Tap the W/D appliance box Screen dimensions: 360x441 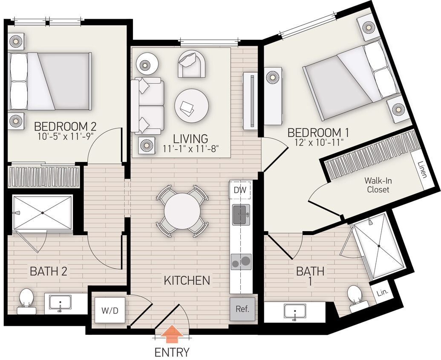pos(110,311)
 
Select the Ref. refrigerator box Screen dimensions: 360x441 pos(242,309)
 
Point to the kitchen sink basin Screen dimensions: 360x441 pos(241,214)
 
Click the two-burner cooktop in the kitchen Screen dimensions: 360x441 pos(241,261)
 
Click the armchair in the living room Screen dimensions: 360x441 pos(191,63)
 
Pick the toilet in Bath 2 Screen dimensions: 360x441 pos(26,300)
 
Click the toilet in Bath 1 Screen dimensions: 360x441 pos(356,298)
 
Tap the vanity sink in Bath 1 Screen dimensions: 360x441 pos(294,312)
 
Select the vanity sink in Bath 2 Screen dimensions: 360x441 pos(60,304)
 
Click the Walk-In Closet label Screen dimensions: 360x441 pos(378,185)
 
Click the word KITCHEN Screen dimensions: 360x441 pos(187,280)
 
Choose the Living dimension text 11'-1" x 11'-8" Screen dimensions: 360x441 pos(190,149)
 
